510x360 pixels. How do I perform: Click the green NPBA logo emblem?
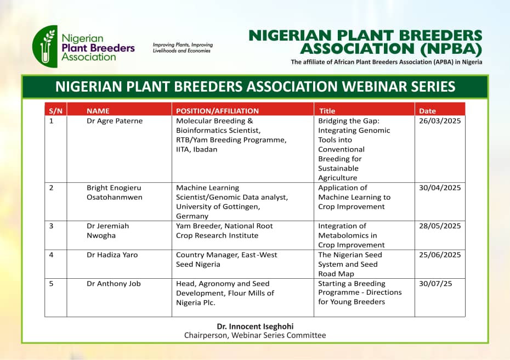click(45, 47)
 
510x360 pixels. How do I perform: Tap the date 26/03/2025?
click(440, 121)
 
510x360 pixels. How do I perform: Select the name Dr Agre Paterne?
click(115, 121)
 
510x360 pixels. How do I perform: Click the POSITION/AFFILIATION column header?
click(217, 111)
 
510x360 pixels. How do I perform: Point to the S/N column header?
click(55, 111)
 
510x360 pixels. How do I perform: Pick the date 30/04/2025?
click(440, 188)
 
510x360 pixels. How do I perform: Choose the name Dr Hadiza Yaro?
click(112, 255)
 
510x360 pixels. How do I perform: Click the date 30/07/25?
click(435, 284)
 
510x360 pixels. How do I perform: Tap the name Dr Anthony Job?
click(114, 284)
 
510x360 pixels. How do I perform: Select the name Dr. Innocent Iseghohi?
click(255, 327)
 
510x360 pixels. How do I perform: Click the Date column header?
click(427, 111)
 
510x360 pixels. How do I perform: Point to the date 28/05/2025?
click(440, 226)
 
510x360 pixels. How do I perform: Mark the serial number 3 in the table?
click(51, 226)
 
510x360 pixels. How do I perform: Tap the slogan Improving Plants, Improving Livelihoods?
click(183, 48)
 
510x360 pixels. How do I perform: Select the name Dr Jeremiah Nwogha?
click(107, 231)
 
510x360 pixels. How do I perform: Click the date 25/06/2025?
click(440, 255)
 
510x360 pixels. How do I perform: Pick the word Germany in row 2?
click(192, 216)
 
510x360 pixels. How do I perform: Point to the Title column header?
click(327, 111)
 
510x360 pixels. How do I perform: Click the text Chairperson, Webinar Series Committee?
click(255, 336)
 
